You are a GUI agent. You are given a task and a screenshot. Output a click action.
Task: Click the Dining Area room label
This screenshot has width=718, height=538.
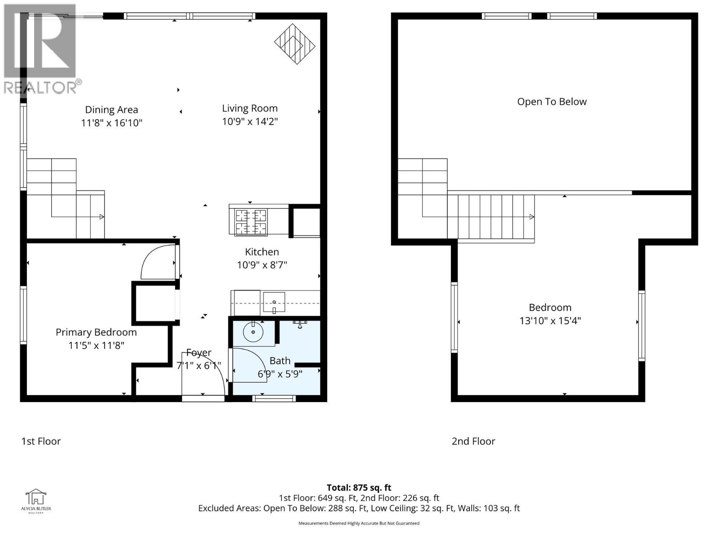111,110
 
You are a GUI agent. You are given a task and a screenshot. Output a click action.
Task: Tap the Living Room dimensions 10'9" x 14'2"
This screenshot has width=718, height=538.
250,121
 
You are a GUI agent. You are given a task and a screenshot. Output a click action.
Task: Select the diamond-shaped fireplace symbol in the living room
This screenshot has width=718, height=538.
294,44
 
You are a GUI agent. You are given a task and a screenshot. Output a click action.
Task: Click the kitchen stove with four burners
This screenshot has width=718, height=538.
251,222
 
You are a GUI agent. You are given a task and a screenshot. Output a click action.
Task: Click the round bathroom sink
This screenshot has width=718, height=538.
254,332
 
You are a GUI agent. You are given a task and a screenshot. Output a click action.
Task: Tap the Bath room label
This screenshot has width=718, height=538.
280,361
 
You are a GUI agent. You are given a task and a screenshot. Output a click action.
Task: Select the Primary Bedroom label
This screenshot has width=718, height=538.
96,332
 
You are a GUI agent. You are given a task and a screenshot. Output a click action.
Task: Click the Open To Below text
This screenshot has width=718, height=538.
552,102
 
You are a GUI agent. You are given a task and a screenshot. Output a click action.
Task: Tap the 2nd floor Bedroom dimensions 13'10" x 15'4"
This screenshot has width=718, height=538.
550,321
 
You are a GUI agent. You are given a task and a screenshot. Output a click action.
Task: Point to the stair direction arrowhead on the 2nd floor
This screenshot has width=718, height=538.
532,217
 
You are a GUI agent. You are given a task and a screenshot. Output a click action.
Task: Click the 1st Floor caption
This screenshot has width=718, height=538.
41,441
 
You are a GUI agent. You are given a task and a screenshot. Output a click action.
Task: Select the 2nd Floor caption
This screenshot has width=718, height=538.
473,441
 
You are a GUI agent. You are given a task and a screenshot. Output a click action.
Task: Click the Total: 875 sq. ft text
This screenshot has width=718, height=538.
359,488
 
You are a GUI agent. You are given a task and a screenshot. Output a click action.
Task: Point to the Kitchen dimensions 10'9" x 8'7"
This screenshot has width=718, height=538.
262,265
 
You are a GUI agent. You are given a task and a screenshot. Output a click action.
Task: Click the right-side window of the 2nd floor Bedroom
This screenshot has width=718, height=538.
641,325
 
